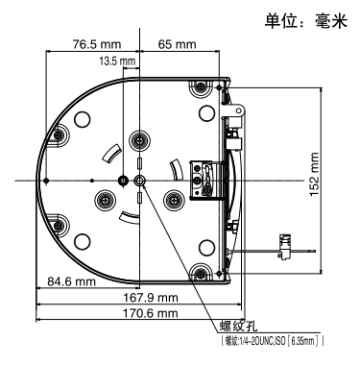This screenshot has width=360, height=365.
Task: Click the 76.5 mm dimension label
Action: point(97,44)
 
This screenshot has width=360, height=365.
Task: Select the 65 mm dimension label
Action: point(178,44)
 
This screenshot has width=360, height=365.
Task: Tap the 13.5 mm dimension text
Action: point(117,61)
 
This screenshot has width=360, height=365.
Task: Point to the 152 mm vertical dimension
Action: point(314,175)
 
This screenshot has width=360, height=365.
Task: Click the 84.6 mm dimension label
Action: point(72,281)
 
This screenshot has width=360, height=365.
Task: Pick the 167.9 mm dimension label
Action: point(151,298)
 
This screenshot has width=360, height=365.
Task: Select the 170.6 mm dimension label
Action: point(151,313)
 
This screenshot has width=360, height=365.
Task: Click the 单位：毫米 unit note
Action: point(306,21)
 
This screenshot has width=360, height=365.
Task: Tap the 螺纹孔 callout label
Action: point(238,327)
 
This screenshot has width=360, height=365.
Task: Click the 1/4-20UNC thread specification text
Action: point(273,341)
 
